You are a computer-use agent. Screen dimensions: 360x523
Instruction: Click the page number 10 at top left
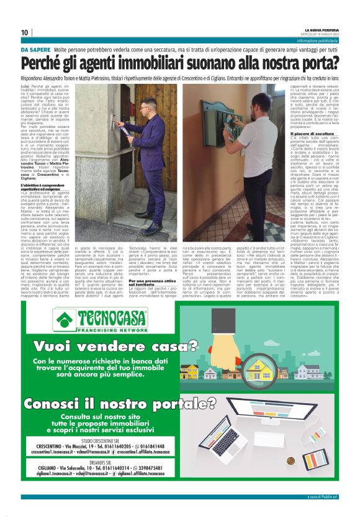[x=24, y=32]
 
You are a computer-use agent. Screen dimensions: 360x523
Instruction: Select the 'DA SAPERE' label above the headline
[x=35, y=48]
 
